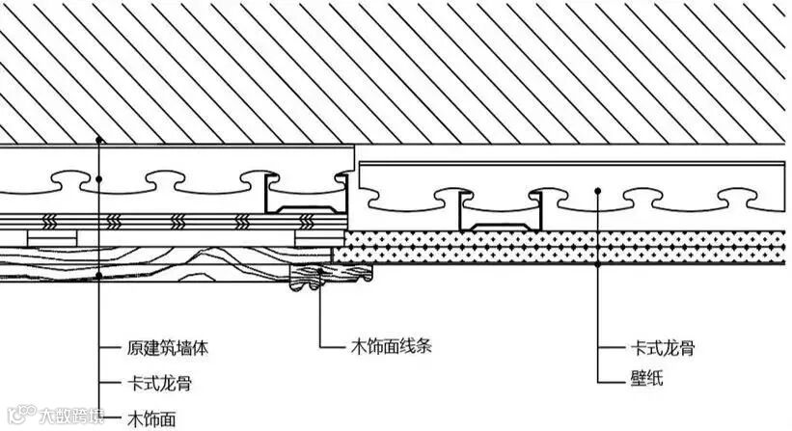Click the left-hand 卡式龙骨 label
pos(159,383)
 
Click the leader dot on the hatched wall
pos(100,141)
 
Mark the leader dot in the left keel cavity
pos(100,178)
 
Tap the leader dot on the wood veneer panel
pos(100,277)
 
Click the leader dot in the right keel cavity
pos(598,191)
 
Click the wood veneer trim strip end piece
pos(332,276)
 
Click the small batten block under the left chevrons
pos(52,235)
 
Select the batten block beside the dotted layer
pos(319,235)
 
